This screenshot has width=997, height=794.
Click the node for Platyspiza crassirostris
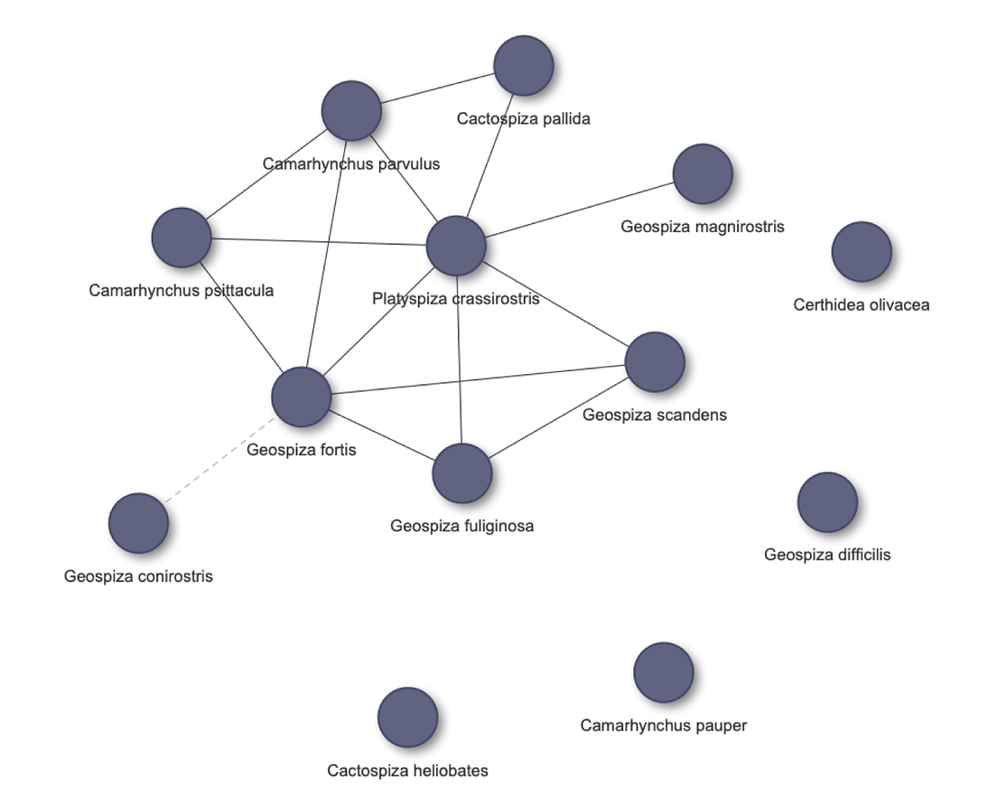(456, 246)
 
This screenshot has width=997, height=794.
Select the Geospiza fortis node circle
(302, 397)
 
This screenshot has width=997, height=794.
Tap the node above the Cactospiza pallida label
(524, 66)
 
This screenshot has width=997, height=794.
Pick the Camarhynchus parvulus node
(351, 111)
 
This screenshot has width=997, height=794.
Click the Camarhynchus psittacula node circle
(182, 238)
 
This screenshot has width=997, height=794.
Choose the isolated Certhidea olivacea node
(862, 252)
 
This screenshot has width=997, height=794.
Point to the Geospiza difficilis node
(827, 502)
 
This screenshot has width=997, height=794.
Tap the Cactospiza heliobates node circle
(407, 717)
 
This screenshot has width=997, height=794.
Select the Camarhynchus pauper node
(664, 672)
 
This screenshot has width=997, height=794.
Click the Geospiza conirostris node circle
(138, 523)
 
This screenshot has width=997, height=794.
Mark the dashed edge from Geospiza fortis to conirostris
(219, 460)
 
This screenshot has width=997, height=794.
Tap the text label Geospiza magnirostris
(702, 227)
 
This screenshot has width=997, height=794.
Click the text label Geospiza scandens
(654, 416)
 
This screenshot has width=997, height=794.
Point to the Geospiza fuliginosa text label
(461, 526)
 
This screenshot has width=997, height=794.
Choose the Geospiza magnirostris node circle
(703, 173)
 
